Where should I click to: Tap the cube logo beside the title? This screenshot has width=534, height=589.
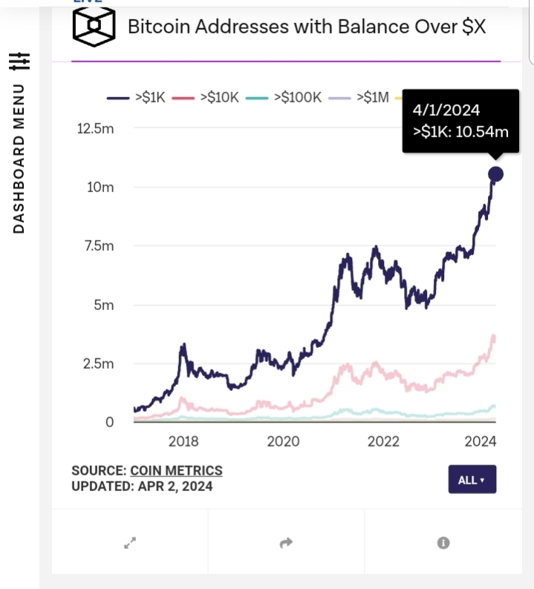pyautogui.click(x=94, y=27)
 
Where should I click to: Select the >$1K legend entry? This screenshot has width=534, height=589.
pyautogui.click(x=138, y=97)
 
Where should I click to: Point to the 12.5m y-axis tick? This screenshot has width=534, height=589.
pyautogui.click(x=96, y=128)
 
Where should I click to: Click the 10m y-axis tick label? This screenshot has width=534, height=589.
pyautogui.click(x=100, y=187)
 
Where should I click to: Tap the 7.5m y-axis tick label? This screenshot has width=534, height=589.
pyautogui.click(x=99, y=246)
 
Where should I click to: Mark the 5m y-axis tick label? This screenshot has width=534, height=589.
pyautogui.click(x=103, y=305)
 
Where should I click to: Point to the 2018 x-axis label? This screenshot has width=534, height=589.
pyautogui.click(x=183, y=441)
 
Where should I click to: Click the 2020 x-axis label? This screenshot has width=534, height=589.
pyautogui.click(x=284, y=441)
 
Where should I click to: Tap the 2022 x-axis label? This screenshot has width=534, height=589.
pyautogui.click(x=384, y=441)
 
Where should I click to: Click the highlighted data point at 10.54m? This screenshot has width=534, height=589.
pyautogui.click(x=495, y=174)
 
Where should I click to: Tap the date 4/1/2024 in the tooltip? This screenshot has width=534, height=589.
pyautogui.click(x=446, y=111)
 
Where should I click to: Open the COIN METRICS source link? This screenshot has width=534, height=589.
pyautogui.click(x=176, y=470)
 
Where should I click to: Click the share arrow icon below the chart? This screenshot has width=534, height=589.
pyautogui.click(x=286, y=544)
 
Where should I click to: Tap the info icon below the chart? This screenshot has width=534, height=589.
pyautogui.click(x=443, y=544)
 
